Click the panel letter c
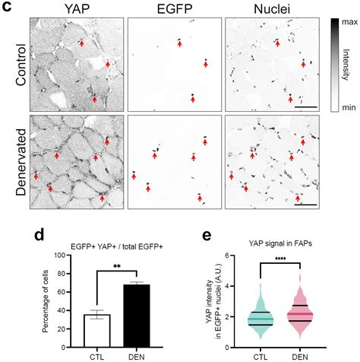(6, 7)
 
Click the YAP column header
(75, 8)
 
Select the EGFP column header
(173, 8)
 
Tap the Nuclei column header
(270, 8)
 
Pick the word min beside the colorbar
(349, 110)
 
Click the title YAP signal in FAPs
(279, 243)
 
